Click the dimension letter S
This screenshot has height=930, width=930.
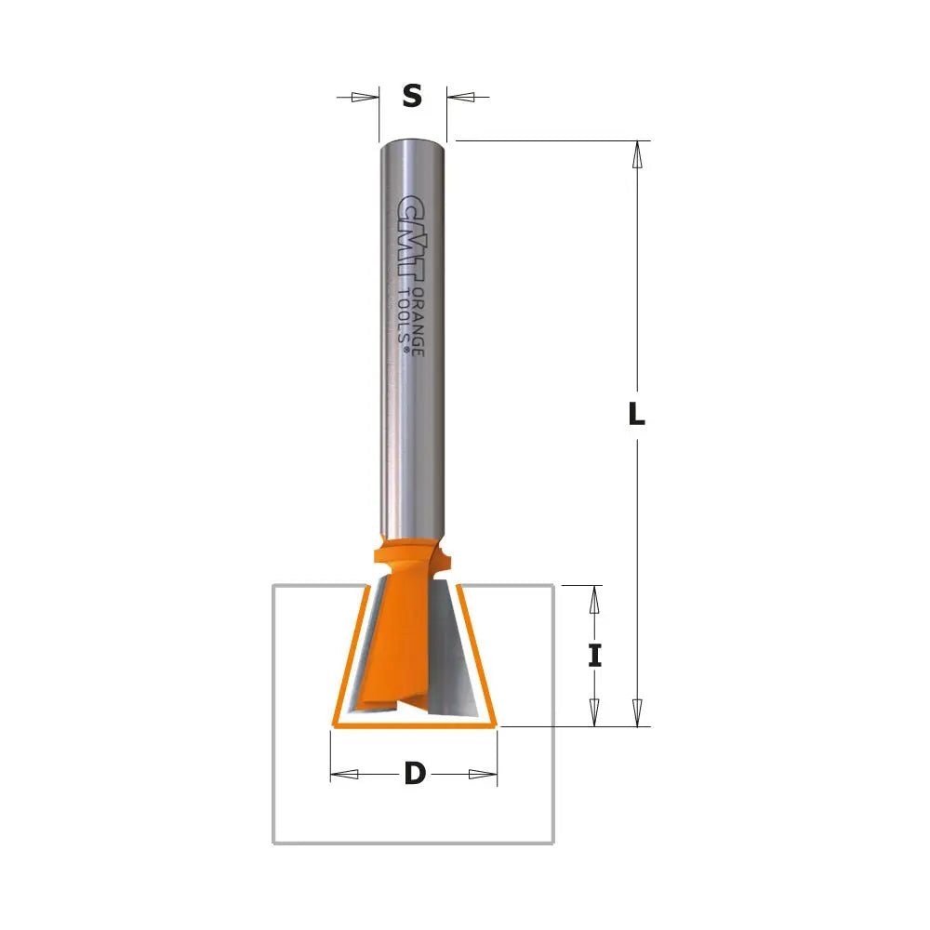pos(413,96)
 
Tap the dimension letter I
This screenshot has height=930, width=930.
pos(595,656)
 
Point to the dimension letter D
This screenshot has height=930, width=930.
pos(415,774)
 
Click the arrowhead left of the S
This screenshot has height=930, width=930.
pos(365,97)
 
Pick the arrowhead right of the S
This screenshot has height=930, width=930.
pos(462,97)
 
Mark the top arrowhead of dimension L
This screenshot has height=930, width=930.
pos(637,154)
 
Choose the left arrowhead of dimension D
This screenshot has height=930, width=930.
pos(345,774)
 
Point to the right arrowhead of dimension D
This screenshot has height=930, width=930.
pos(484,774)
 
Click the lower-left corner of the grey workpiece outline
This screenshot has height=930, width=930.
pos(272,843)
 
